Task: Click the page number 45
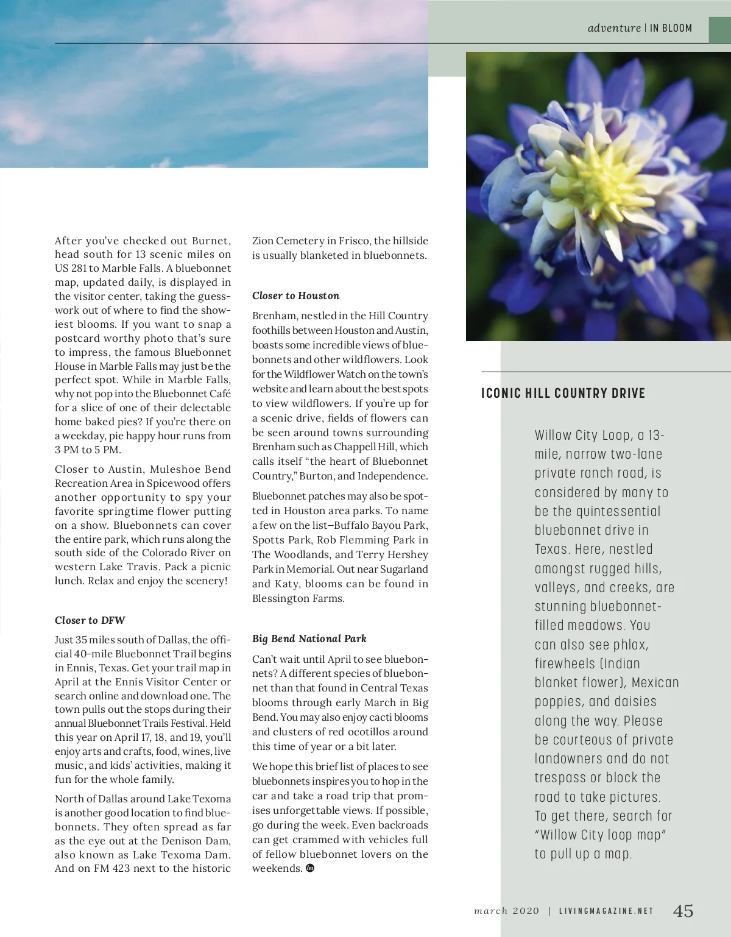[683, 911]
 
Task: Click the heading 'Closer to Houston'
[295, 295]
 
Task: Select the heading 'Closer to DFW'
[90, 620]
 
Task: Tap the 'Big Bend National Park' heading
[309, 638]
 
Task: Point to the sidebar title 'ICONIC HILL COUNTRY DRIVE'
[563, 393]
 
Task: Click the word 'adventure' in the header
[614, 28]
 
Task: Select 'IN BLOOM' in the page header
[671, 28]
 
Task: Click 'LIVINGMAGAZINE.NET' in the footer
[606, 911]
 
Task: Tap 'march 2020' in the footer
[506, 911]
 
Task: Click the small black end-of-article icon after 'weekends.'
[310, 868]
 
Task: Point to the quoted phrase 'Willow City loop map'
[600, 835]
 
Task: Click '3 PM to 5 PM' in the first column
[88, 450]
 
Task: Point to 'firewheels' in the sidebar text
[565, 663]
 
